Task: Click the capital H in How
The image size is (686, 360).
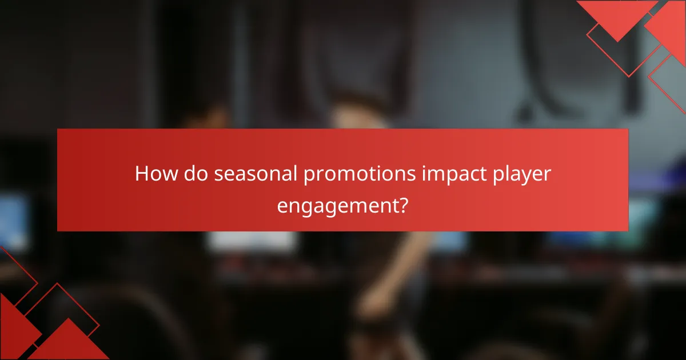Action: tap(142, 174)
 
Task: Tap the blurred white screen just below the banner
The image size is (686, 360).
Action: tap(252, 241)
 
